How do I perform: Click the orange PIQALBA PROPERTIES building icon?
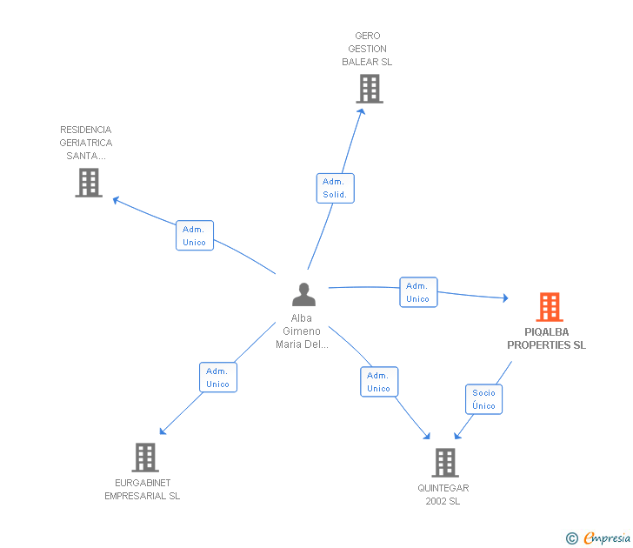coord(550,307)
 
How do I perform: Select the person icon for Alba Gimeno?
coord(303,294)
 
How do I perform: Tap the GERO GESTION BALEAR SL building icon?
coord(370,89)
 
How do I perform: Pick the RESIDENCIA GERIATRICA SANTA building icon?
coord(89,183)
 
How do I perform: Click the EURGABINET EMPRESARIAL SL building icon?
coord(145,458)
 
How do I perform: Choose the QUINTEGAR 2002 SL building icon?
coord(445,463)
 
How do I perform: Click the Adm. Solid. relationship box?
coord(335,188)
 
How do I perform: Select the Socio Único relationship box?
coord(483,399)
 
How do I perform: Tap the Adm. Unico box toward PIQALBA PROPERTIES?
coord(418,292)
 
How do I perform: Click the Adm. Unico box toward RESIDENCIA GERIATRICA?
coord(195,236)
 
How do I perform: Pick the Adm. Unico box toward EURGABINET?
coord(218,378)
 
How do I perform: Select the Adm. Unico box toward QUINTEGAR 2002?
coord(379,382)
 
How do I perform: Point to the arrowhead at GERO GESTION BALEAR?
coord(362,111)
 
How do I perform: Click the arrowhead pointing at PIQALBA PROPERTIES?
coord(505,298)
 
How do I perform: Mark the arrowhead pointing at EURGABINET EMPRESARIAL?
coord(163,431)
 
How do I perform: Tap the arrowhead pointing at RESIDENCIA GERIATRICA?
coord(116,200)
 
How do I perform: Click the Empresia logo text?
coord(607,538)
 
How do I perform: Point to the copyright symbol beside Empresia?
coord(572,538)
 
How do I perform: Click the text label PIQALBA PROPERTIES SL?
coord(547,338)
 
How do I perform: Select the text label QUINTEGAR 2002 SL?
coord(443,495)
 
